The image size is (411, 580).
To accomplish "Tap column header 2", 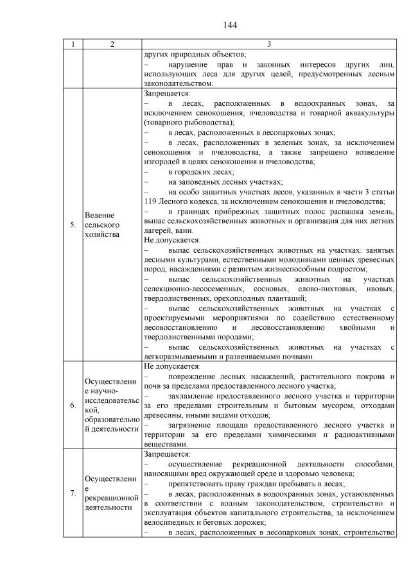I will pos(112,44).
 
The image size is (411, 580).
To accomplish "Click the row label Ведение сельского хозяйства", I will pos(103,225).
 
